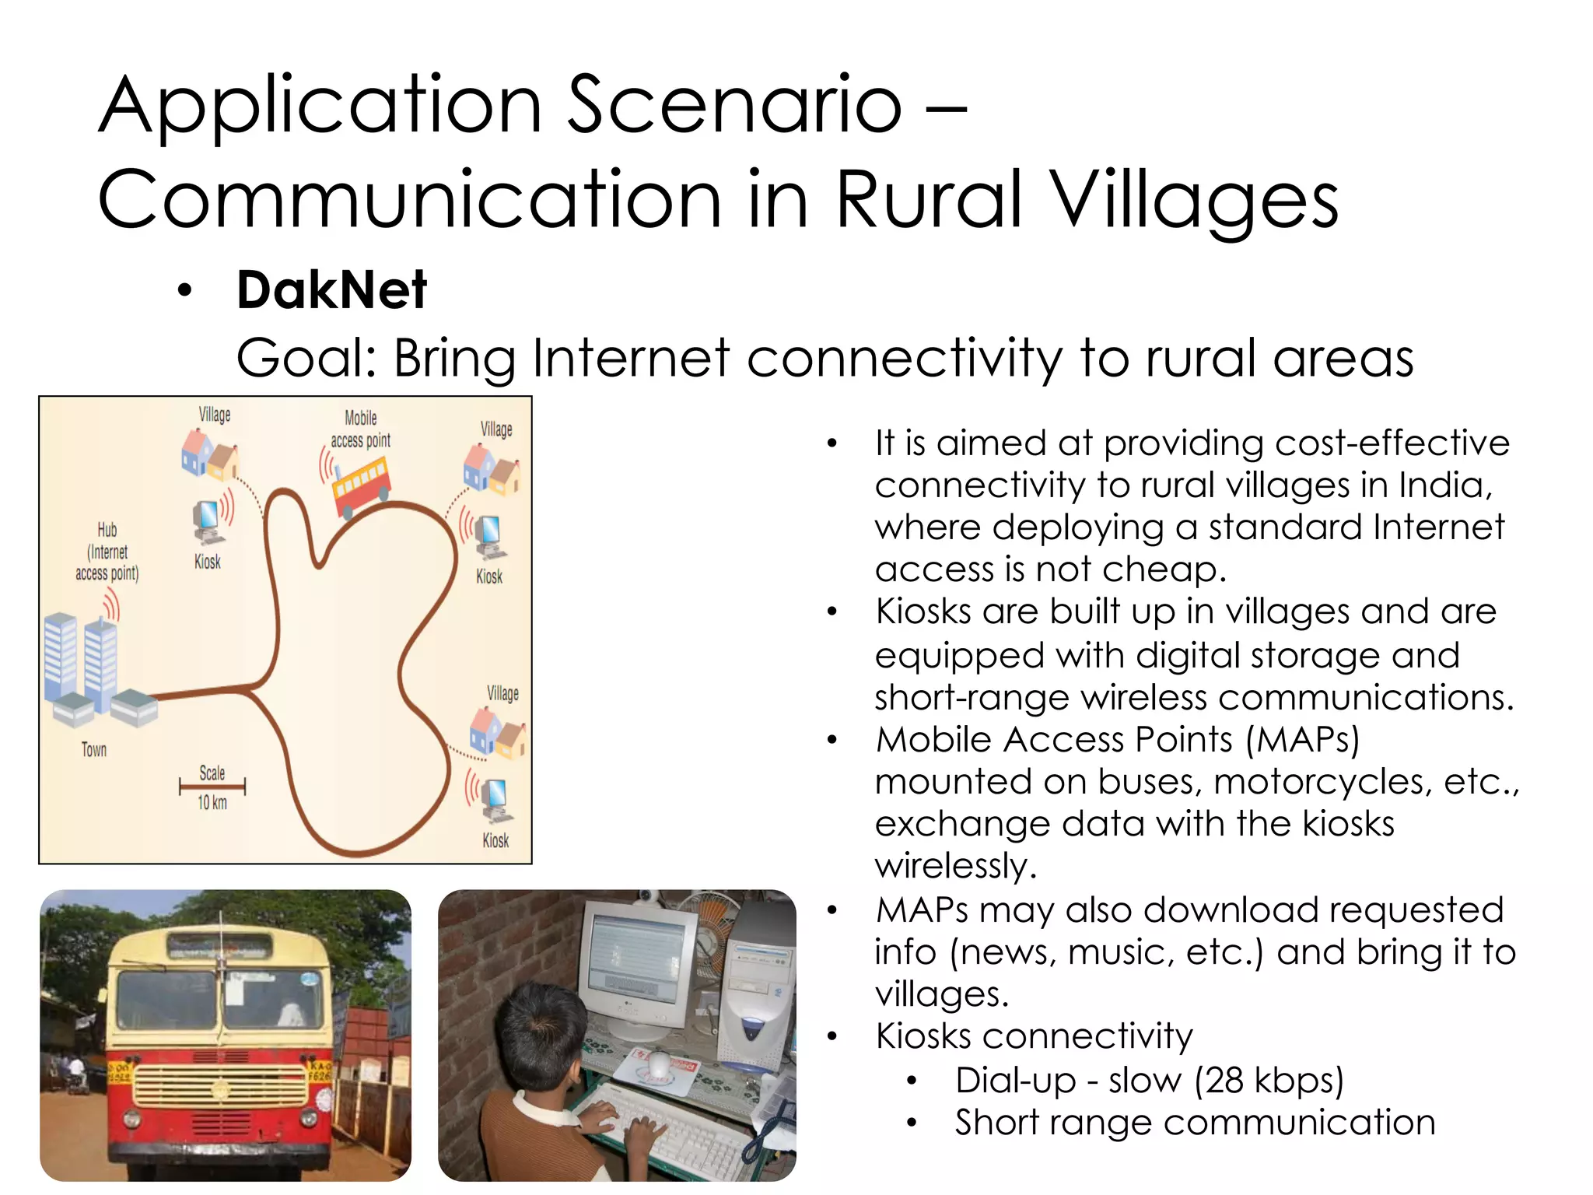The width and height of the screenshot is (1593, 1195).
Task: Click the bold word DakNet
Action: click(x=331, y=290)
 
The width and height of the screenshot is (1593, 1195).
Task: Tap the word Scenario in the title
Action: click(x=734, y=105)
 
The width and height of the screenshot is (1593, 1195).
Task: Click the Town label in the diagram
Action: click(x=94, y=750)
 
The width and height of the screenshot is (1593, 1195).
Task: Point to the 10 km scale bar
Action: click(x=212, y=787)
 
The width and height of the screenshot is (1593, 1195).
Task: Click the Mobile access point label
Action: click(x=361, y=429)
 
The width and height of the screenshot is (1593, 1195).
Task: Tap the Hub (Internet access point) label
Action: click(x=107, y=552)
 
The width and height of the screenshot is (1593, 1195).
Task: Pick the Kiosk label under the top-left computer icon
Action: click(x=208, y=562)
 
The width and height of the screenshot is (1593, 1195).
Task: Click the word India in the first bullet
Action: click(x=1444, y=485)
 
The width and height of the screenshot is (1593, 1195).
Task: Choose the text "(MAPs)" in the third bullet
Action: click(x=1303, y=739)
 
